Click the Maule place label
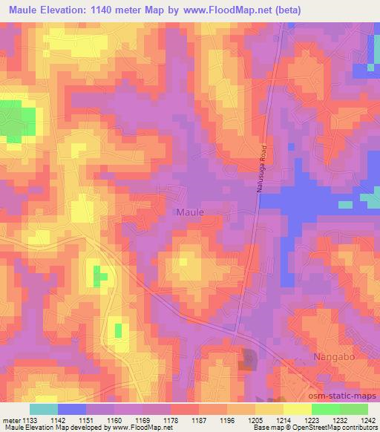(190, 212)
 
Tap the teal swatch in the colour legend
(44, 408)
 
